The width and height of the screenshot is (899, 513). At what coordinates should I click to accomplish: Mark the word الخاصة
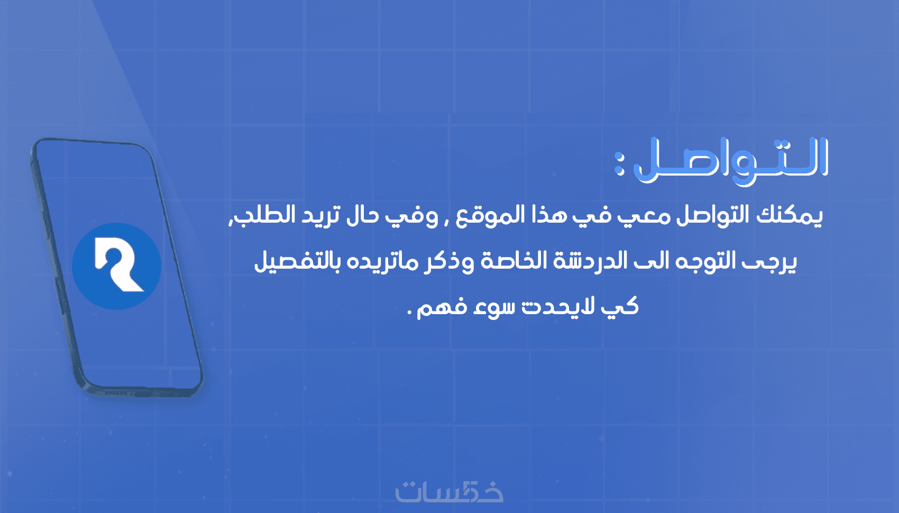[x=505, y=261]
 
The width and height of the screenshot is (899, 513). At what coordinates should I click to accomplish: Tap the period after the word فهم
[x=410, y=313]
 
